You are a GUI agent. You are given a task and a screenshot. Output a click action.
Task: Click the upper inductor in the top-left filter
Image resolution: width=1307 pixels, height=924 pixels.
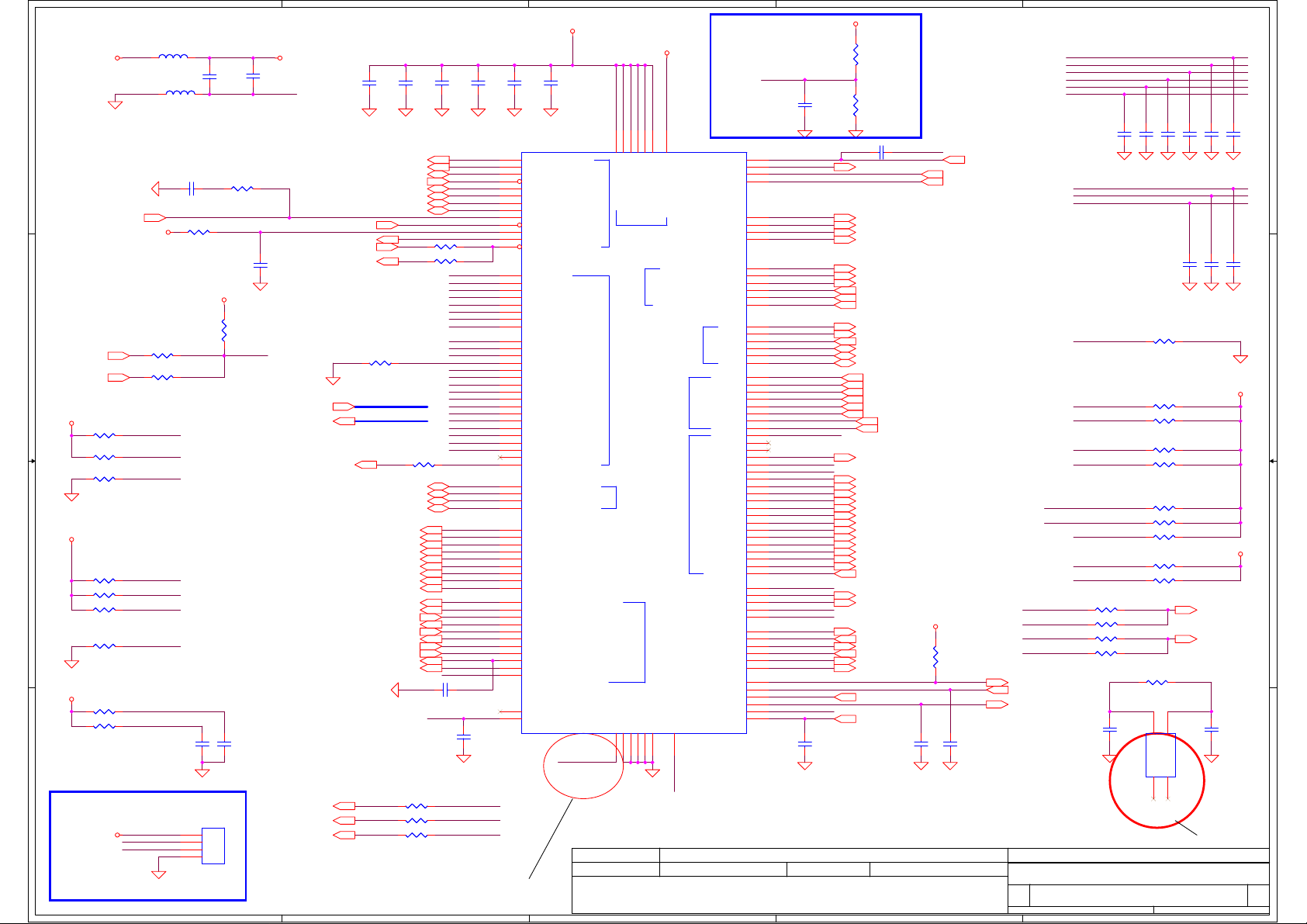[x=173, y=57]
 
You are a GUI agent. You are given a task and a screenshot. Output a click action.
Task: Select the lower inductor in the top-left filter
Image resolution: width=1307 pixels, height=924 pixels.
[x=180, y=93]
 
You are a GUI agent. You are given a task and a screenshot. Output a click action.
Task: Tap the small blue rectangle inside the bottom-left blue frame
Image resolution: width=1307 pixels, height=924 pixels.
[x=213, y=846]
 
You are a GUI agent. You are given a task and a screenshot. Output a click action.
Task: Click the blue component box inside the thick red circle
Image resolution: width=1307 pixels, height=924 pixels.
[x=1160, y=755]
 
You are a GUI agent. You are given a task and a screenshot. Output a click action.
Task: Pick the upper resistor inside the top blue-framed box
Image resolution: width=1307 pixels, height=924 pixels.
[x=856, y=54]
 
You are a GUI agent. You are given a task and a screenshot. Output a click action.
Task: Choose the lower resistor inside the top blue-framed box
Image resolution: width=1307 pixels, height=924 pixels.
[x=856, y=105]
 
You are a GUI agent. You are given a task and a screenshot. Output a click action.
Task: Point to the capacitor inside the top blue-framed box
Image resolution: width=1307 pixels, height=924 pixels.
[x=805, y=104]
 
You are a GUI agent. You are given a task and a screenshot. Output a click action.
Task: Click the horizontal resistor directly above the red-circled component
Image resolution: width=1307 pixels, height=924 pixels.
[x=1157, y=683]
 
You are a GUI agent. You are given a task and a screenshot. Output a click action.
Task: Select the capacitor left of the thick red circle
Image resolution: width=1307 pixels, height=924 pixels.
[x=1110, y=730]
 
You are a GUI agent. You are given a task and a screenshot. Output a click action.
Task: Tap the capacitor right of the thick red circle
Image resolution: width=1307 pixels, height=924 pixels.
[x=1211, y=730]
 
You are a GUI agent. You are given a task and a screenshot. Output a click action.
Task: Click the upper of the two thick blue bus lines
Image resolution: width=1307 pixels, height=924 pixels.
[x=391, y=407]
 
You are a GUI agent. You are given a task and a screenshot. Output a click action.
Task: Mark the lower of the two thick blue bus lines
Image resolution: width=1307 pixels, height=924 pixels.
[x=391, y=421]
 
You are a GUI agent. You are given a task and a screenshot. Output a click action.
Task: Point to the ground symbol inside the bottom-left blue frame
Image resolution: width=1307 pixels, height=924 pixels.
[x=159, y=874]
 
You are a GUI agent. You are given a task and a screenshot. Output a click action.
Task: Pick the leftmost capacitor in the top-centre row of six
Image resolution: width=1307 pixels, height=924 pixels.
[x=369, y=81]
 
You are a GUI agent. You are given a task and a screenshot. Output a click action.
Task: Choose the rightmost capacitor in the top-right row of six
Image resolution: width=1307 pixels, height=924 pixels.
[x=1233, y=134]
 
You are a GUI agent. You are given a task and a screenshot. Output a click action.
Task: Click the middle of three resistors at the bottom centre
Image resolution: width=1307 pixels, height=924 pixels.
[x=417, y=821]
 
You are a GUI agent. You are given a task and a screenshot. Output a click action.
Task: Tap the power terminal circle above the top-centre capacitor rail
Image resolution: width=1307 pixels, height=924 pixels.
[x=572, y=32]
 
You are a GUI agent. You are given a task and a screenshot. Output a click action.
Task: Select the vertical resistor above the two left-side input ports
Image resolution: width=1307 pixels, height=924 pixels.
[x=224, y=330]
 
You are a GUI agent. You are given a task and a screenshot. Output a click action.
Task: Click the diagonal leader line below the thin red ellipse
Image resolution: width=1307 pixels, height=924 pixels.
[x=551, y=839]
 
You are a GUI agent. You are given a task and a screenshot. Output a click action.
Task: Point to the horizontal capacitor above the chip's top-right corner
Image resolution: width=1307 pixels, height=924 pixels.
[x=883, y=153]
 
